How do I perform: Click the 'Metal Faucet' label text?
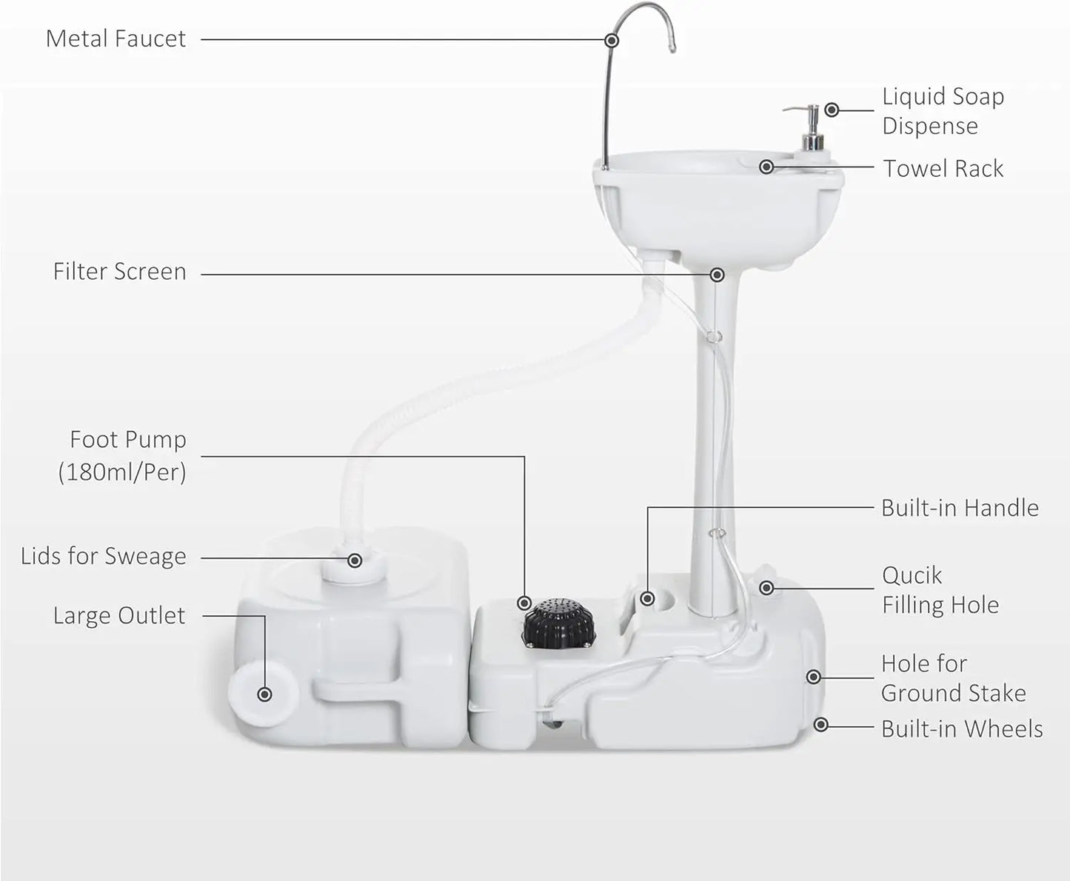coord(116,38)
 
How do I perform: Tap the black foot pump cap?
coord(558,623)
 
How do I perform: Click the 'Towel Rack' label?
coord(943,169)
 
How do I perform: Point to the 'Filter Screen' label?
coord(119,272)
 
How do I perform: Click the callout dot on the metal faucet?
coord(612,40)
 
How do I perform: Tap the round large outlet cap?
coord(263,693)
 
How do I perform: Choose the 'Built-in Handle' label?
coord(960,508)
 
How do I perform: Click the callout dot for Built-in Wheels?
coord(820,725)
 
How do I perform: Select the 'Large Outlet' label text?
coord(119,615)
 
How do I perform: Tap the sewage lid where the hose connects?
coord(355,565)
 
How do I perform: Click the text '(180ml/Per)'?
coord(122,472)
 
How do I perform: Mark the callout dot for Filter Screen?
coord(717,275)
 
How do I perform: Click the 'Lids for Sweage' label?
coord(104,556)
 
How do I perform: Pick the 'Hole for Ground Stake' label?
coord(953,678)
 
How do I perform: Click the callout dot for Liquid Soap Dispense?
coord(832,110)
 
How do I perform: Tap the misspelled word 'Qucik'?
coord(912,575)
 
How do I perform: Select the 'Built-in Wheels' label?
coord(962,729)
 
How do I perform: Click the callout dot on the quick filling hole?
coord(766,588)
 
